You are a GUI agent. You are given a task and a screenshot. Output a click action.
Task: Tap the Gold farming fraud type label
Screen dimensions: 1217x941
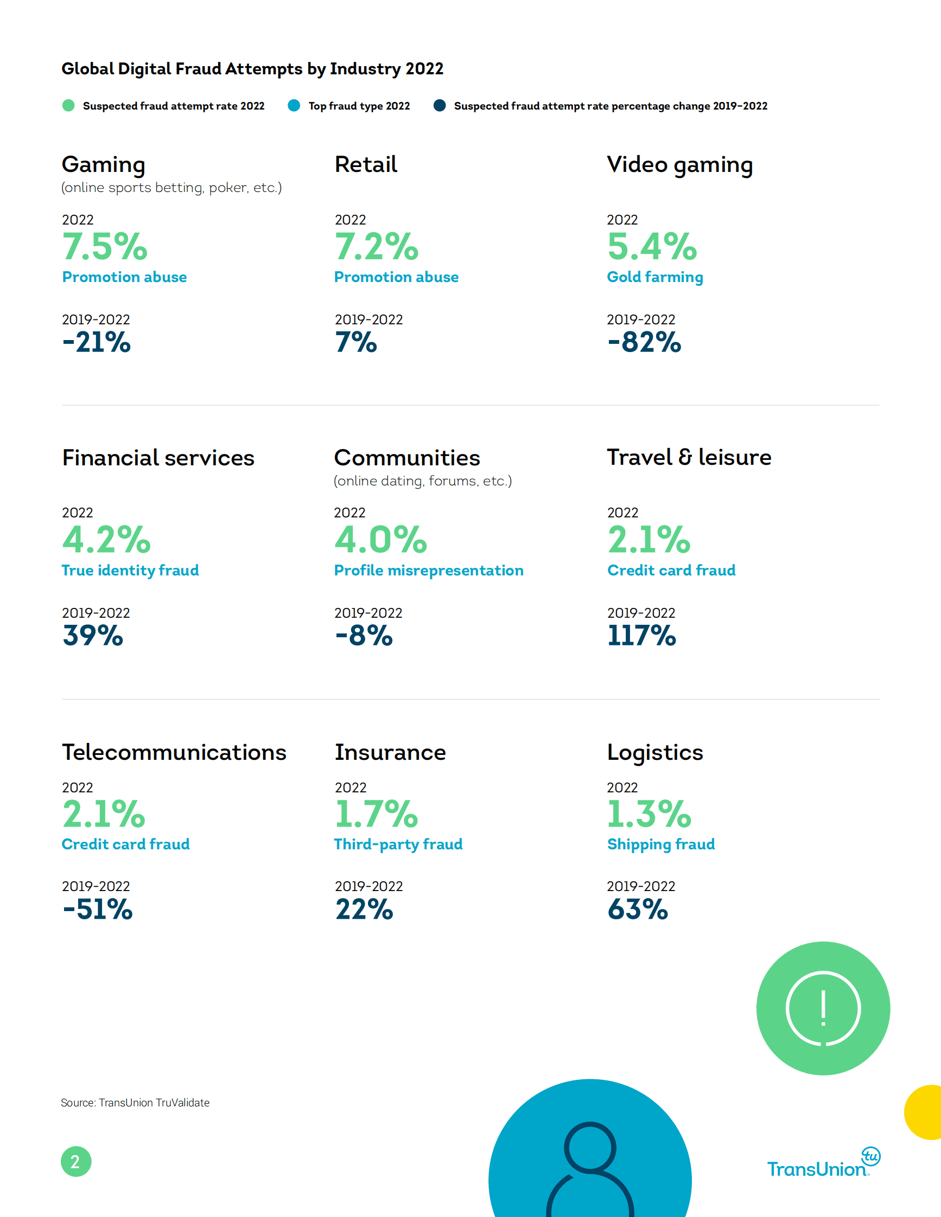pyautogui.click(x=654, y=277)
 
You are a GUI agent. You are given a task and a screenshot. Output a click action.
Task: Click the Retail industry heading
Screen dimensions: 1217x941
pyautogui.click(x=366, y=164)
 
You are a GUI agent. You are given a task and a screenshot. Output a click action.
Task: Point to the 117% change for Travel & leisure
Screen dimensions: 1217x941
pyautogui.click(x=641, y=635)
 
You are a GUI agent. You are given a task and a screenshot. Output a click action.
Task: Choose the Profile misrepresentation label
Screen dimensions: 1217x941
pyautogui.click(x=428, y=570)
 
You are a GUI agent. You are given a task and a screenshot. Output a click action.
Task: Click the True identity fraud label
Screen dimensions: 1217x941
pyautogui.click(x=130, y=570)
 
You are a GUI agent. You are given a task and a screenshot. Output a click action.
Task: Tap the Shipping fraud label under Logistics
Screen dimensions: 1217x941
pyautogui.click(x=660, y=844)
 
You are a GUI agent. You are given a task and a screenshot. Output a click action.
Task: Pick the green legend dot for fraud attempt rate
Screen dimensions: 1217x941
pyautogui.click(x=68, y=105)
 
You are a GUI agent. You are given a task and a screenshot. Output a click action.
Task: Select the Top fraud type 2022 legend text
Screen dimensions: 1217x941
pyautogui.click(x=359, y=106)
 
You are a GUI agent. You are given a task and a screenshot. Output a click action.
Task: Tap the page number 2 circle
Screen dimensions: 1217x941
pyautogui.click(x=76, y=1161)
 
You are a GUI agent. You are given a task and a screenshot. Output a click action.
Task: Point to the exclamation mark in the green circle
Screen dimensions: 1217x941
pyautogui.click(x=823, y=1009)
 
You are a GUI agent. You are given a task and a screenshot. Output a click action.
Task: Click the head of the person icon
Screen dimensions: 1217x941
pyautogui.click(x=590, y=1147)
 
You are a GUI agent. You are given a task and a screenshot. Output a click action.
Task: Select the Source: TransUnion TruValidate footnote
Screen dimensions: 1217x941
pyautogui.click(x=135, y=1102)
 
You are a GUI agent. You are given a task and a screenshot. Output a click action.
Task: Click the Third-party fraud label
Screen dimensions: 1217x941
pyautogui.click(x=398, y=844)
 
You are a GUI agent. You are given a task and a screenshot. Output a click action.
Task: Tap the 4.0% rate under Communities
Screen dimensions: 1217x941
pyautogui.click(x=380, y=540)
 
